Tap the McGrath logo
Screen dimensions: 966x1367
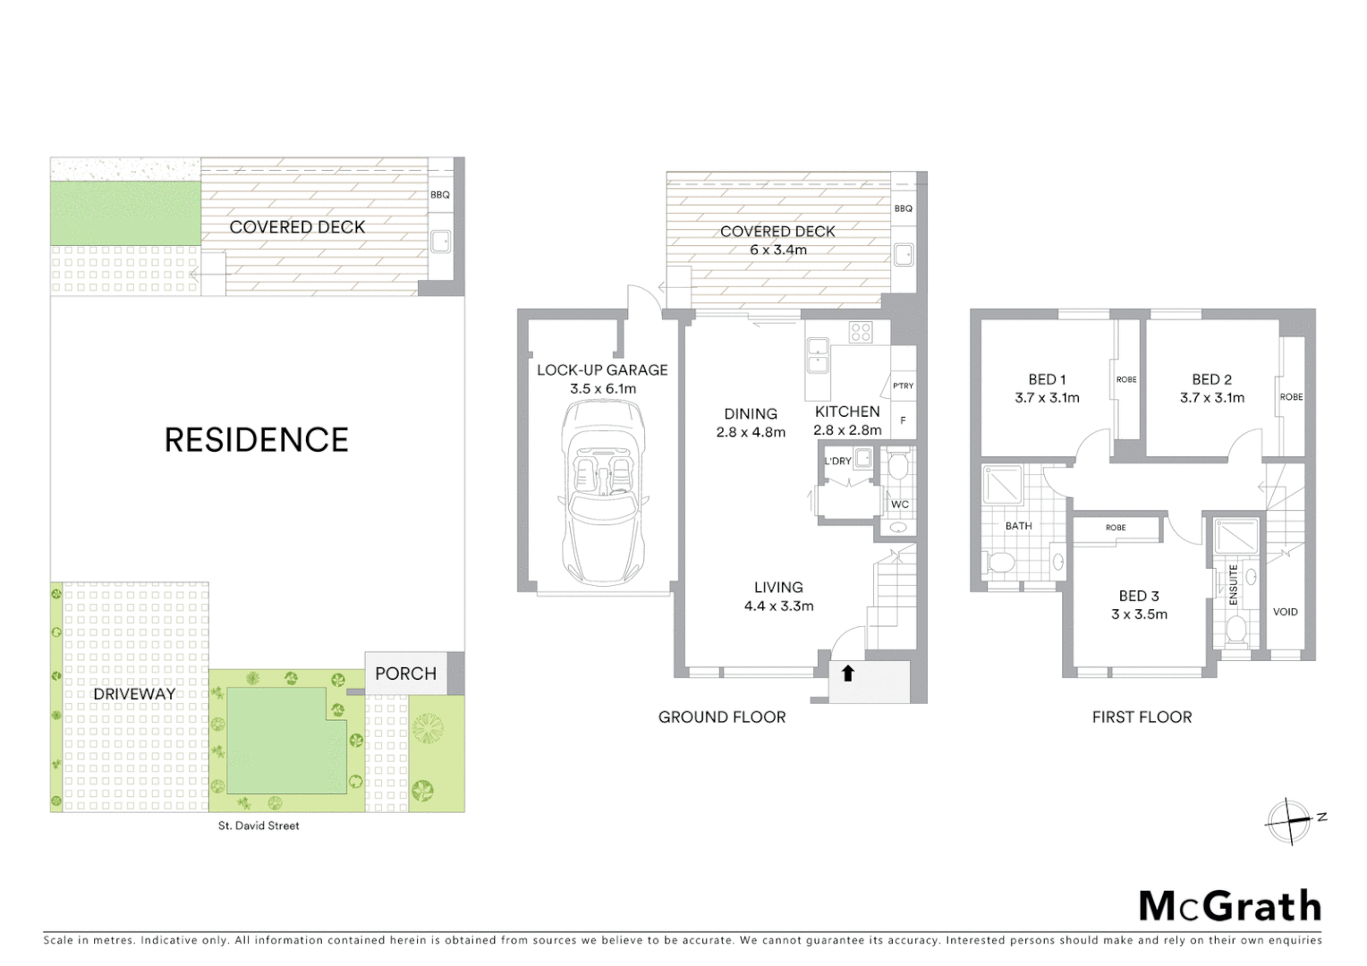(x=1230, y=906)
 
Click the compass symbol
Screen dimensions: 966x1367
(x=1289, y=820)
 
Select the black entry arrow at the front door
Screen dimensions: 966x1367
(x=847, y=673)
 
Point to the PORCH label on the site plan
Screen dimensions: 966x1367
(x=405, y=674)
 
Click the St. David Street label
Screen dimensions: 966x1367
(x=259, y=826)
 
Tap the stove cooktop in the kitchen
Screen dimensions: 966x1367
(x=861, y=333)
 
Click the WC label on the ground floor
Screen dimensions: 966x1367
(x=899, y=504)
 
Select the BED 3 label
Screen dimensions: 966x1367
(x=1139, y=596)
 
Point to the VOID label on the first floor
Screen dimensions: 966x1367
(x=1285, y=612)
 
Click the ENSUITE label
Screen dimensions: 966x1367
(x=1233, y=585)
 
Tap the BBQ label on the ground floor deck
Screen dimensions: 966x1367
(x=904, y=208)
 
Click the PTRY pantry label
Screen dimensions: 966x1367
(x=903, y=386)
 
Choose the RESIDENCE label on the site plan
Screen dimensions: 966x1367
(x=257, y=440)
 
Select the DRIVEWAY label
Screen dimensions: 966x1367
(x=134, y=693)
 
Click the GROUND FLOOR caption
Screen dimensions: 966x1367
(x=722, y=716)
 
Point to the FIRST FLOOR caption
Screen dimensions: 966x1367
(x=1142, y=716)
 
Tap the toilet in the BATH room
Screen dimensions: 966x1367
(x=1002, y=563)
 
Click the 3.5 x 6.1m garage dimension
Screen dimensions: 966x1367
(x=603, y=389)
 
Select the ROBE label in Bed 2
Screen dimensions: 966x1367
(x=1291, y=397)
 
